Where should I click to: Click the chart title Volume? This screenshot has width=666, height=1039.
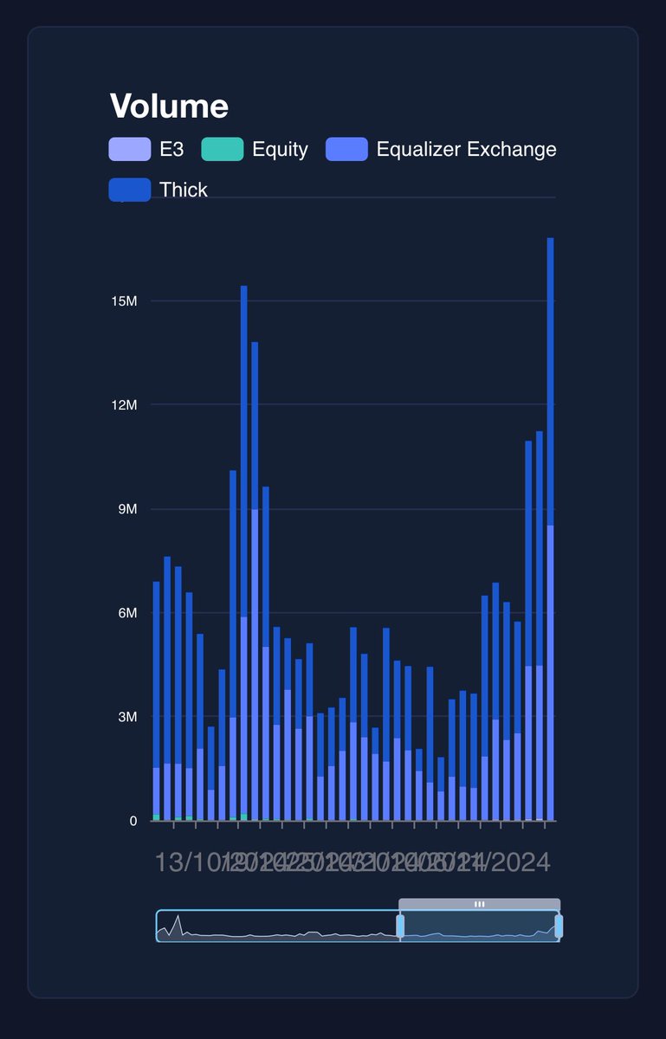(169, 106)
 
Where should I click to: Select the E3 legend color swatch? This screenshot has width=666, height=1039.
(129, 149)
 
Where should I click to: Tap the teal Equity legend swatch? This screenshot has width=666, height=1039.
(223, 149)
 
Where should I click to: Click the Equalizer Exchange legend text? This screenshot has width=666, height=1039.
(466, 149)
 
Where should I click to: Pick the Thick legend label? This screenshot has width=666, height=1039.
(184, 190)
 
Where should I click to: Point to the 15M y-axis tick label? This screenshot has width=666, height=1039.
(124, 301)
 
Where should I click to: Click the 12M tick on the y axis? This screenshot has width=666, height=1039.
(124, 405)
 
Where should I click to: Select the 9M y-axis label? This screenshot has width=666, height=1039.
(126, 509)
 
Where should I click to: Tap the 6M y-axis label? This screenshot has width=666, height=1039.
(126, 613)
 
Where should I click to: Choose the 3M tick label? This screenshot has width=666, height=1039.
(126, 717)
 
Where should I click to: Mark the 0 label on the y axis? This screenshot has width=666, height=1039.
(133, 821)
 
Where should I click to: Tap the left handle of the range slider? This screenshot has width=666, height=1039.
(400, 926)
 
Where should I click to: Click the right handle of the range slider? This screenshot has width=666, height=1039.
(559, 926)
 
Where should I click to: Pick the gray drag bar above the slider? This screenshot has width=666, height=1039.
(479, 904)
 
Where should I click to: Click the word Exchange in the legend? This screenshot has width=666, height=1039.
(512, 149)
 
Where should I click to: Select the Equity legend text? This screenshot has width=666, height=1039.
(280, 149)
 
